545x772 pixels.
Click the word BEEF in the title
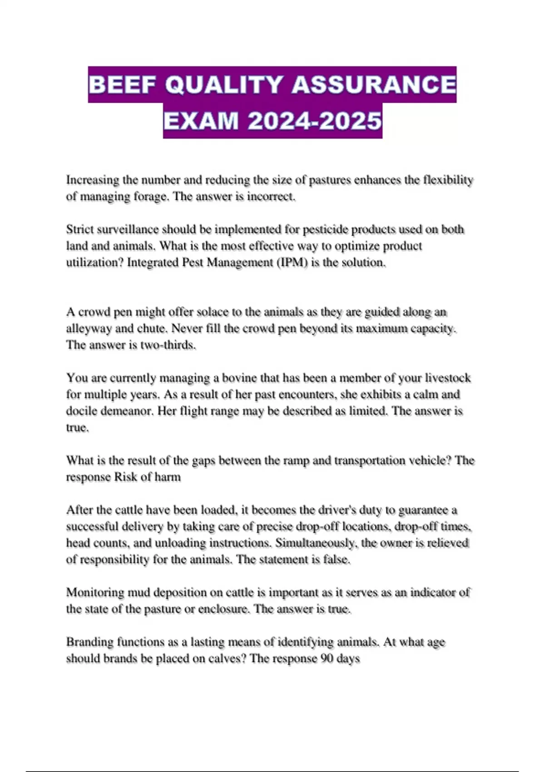click(x=123, y=85)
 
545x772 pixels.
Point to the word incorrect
click(x=272, y=197)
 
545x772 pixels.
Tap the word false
click(x=336, y=559)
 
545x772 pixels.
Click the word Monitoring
click(x=95, y=593)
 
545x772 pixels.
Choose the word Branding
click(x=89, y=642)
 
